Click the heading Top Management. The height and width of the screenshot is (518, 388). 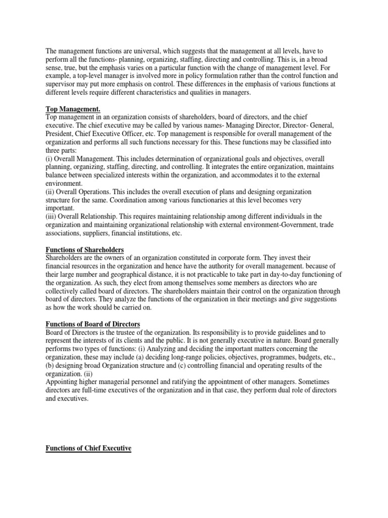[73, 109]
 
